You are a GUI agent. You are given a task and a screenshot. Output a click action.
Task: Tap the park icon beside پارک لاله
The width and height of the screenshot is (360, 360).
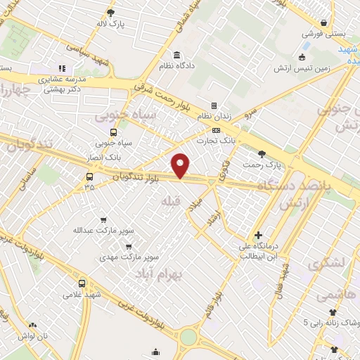[110, 12]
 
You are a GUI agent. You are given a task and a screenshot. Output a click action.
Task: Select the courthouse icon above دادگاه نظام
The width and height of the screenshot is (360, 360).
[176, 55]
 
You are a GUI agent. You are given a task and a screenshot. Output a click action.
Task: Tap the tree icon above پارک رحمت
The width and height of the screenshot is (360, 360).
[262, 153]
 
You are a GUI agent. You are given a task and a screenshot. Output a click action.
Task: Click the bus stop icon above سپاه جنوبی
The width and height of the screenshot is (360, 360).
[113, 132]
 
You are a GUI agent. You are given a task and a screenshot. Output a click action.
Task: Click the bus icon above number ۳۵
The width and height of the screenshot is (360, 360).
[89, 177]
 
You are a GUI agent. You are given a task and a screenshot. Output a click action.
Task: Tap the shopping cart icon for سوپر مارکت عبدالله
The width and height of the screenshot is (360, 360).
[104, 220]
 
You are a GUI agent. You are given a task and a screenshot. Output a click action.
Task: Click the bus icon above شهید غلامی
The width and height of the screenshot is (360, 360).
[82, 283]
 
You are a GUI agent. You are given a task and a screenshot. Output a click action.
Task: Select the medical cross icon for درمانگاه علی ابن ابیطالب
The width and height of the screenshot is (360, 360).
[258, 236]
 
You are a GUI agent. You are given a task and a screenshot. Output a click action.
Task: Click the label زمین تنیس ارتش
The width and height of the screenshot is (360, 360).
[303, 67]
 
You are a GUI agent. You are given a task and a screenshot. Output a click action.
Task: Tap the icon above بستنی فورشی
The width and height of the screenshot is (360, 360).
[323, 22]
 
